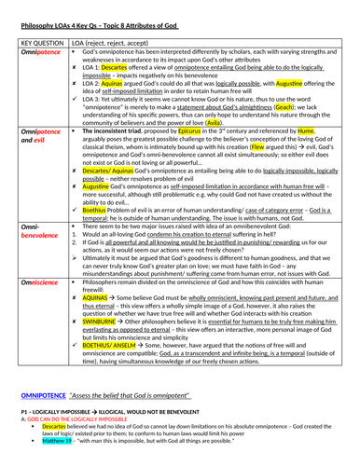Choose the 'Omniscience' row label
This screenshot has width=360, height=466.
(40, 281)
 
